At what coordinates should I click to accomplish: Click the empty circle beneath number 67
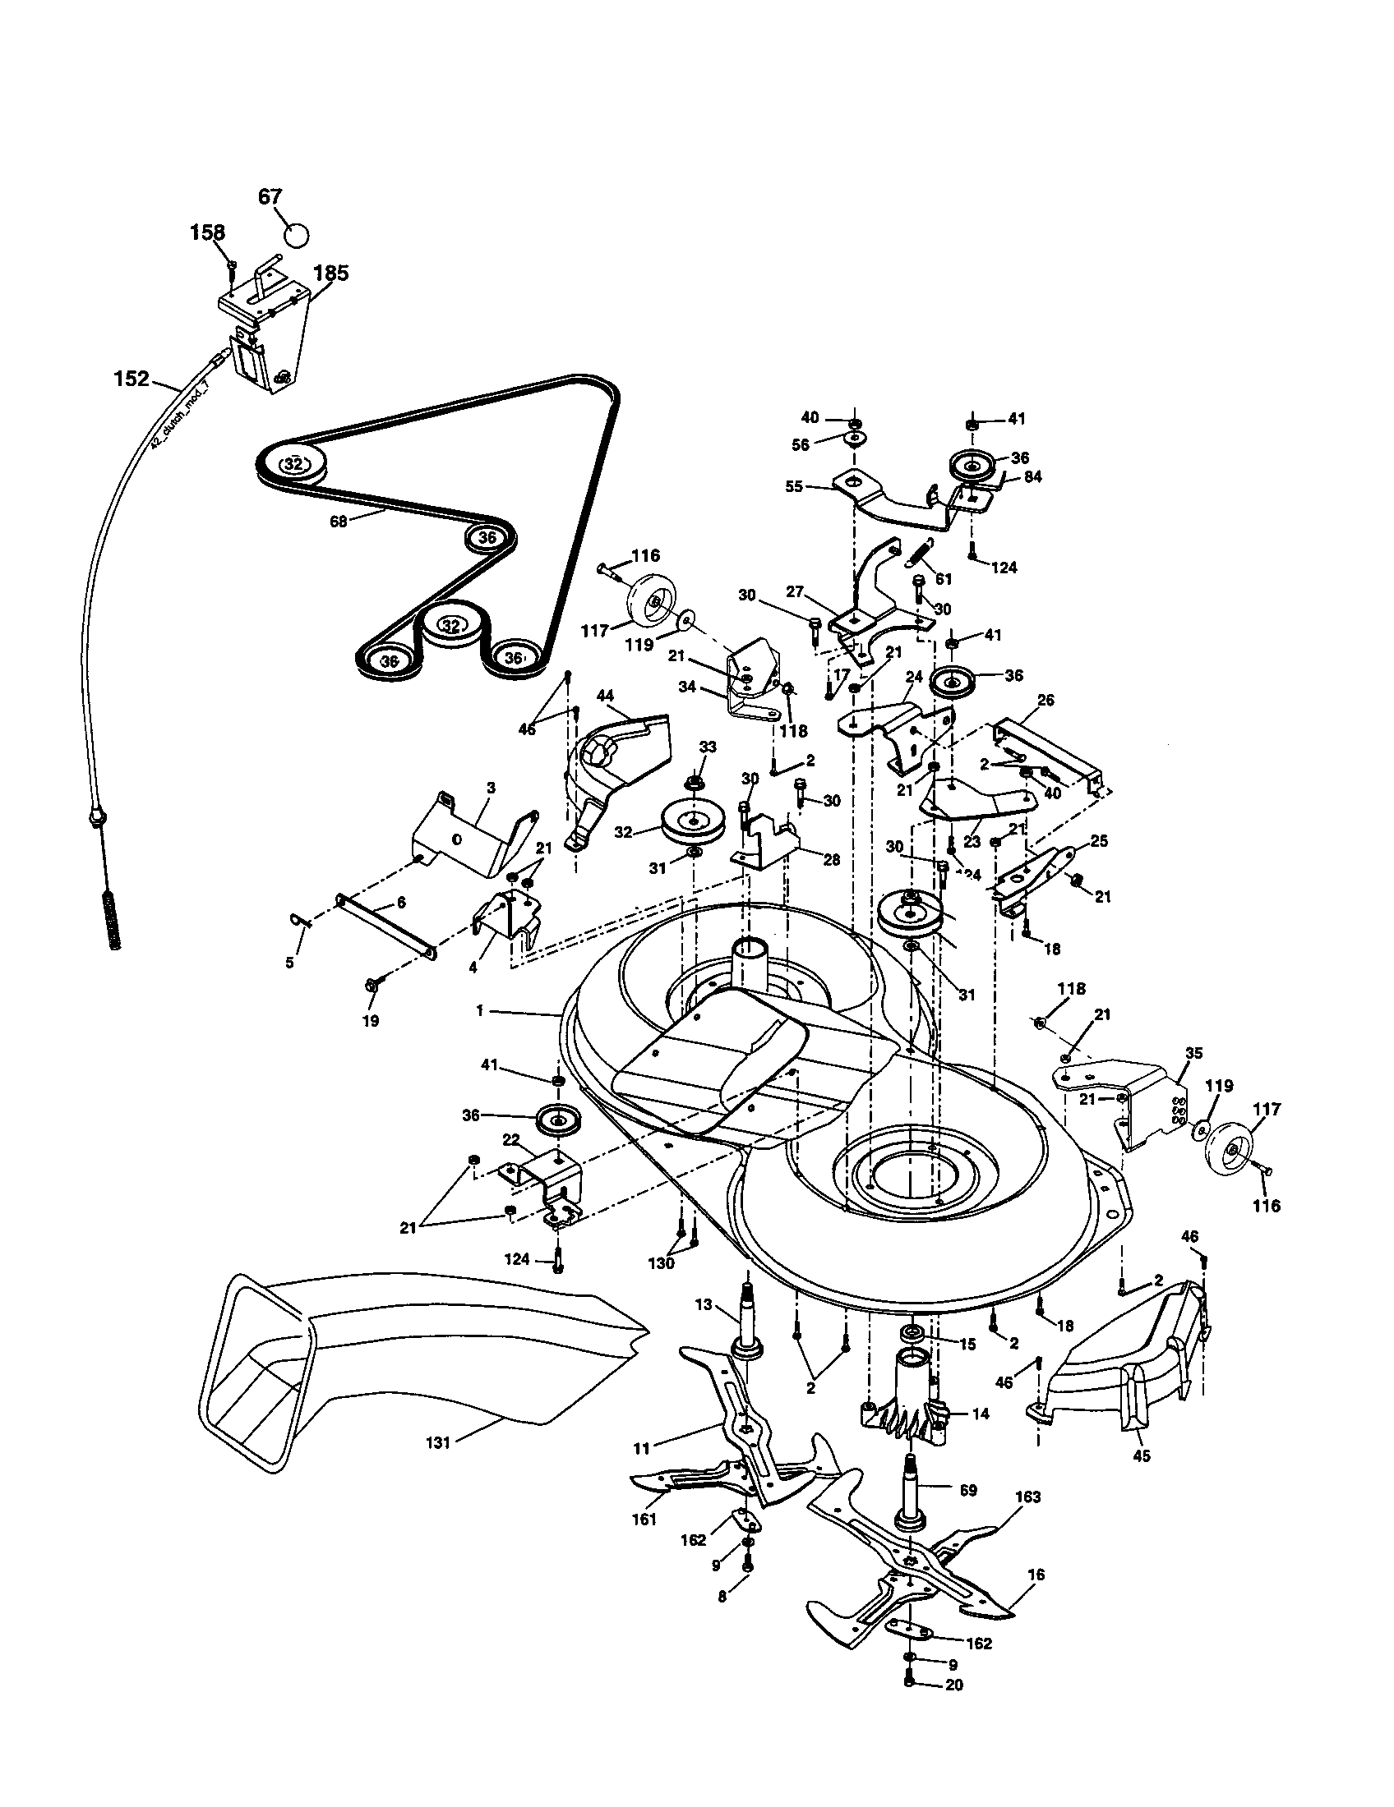pos(296,234)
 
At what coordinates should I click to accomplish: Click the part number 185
pos(330,273)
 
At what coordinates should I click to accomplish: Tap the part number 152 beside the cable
pos(132,379)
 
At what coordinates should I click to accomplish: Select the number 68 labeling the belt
pos(338,522)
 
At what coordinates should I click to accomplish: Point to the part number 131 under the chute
pos(437,1442)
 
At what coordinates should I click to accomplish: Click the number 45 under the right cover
pos(1141,1456)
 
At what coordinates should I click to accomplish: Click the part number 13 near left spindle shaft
pos(703,1305)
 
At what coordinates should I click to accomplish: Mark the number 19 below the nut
pos(370,1021)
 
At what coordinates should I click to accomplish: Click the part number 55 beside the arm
pos(794,486)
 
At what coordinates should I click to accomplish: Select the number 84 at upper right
pos(1032,477)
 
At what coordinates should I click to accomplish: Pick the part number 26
pos(1045,701)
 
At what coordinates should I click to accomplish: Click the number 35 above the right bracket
pos(1193,1053)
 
